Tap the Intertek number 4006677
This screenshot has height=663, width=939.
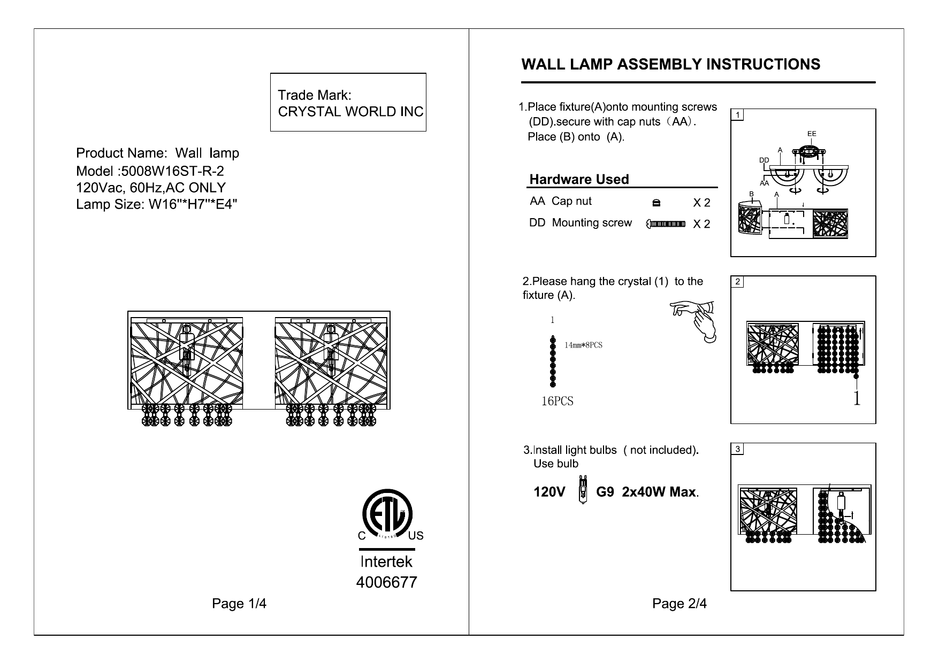pos(386,582)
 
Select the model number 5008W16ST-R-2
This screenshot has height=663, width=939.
pos(172,171)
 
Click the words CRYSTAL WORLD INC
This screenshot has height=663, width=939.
pos(350,112)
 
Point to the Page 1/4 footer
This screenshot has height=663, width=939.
pos(239,604)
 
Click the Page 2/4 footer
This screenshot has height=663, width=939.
pos(679,604)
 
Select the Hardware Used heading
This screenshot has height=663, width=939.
pos(579,180)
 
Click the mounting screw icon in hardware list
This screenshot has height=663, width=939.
pos(666,223)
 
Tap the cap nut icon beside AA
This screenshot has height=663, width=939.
pos(656,203)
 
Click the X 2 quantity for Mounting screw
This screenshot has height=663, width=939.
pos(701,224)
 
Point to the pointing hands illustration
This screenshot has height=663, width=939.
pos(694,320)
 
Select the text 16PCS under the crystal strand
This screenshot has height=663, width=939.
pos(557,402)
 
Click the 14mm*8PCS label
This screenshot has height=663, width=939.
pos(583,345)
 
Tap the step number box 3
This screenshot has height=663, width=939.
pos(737,449)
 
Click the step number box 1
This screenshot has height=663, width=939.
pos(737,115)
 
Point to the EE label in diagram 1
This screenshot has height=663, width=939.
pos(812,134)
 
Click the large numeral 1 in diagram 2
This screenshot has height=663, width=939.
pos(857,398)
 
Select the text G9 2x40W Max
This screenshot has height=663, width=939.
pos(647,492)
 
